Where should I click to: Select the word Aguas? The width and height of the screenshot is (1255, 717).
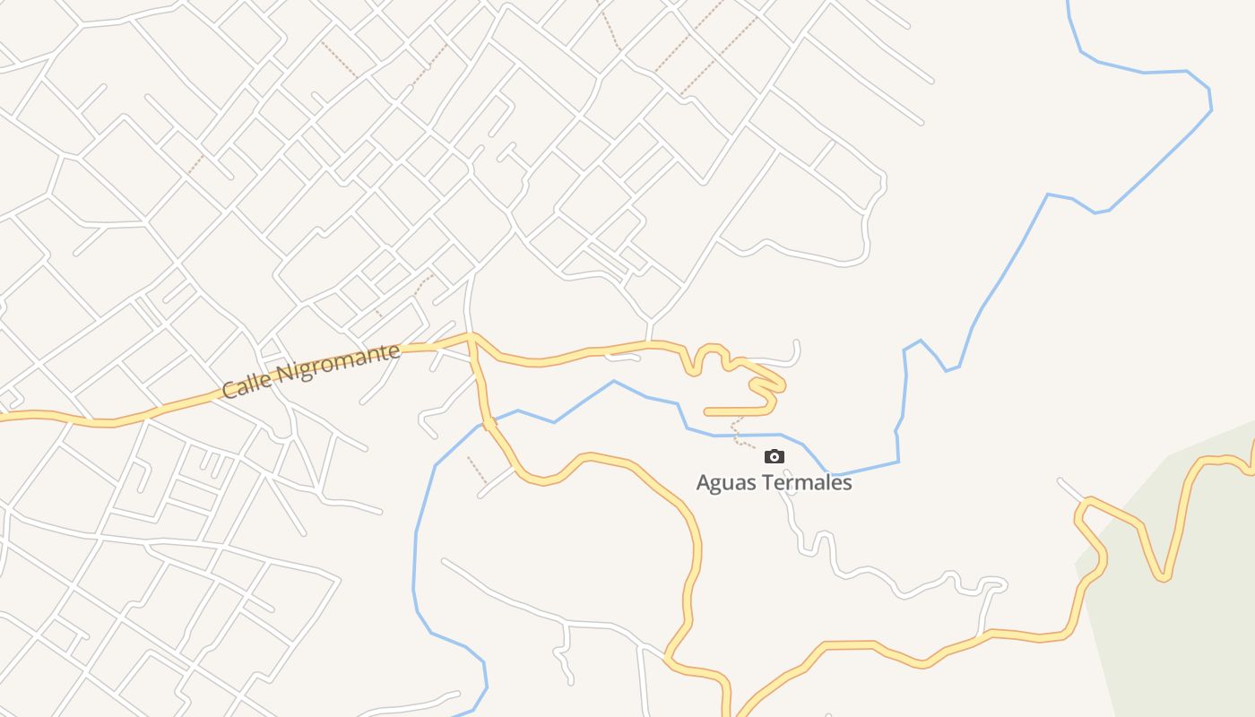tap(724, 483)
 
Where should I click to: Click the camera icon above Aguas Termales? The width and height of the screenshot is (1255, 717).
tap(775, 457)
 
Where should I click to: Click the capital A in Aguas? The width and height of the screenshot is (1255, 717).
tap(704, 483)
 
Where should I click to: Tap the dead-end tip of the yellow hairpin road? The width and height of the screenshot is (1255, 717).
tap(707, 412)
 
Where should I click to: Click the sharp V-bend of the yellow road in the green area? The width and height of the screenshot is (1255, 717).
tap(1163, 577)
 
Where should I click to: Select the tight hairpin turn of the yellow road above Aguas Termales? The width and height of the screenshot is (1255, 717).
tap(780, 386)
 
